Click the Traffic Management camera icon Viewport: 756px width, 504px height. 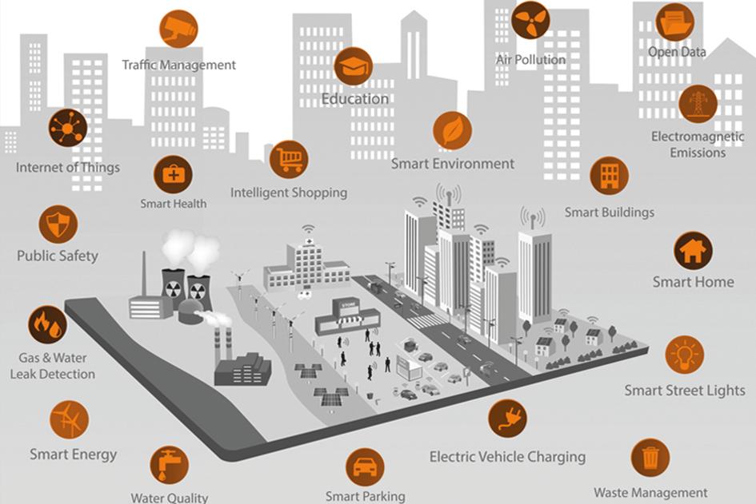pyautogui.click(x=178, y=30)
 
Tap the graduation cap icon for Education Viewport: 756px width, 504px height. pyautogui.click(x=354, y=66)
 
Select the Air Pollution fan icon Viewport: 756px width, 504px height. pyautogui.click(x=530, y=20)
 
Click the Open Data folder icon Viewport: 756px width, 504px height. pyautogui.click(x=674, y=22)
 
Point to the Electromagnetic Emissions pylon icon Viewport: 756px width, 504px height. pyautogui.click(x=698, y=104)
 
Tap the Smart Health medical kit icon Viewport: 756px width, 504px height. pyautogui.click(x=173, y=174)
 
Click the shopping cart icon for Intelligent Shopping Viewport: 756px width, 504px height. pyautogui.click(x=288, y=158)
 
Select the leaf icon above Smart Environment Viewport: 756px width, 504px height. pyautogui.click(x=452, y=130)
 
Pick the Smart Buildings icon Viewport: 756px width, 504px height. pyautogui.click(x=609, y=176)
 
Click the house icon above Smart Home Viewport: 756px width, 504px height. pyautogui.click(x=692, y=251)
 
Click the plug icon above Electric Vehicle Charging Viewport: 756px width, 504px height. pyautogui.click(x=507, y=419)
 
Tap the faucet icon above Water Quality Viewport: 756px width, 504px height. pyautogui.click(x=169, y=466)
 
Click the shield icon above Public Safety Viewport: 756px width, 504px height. pyautogui.click(x=58, y=224)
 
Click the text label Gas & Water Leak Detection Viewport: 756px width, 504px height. pyautogui.click(x=53, y=366)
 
